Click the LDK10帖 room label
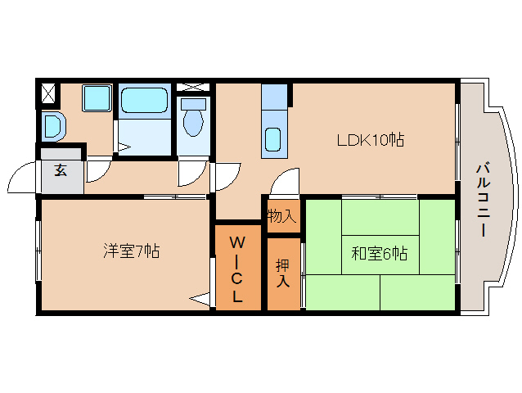[x=371, y=140]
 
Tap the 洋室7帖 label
[x=131, y=251]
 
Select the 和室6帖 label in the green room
[x=380, y=254]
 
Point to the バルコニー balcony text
[x=483, y=200]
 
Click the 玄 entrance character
[x=61, y=169]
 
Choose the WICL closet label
[x=236, y=269]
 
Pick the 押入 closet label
[x=282, y=273]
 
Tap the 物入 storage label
[x=281, y=216]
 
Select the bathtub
[x=144, y=100]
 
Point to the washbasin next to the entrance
[x=53, y=127]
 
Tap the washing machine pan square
[x=97, y=98]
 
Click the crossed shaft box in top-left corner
[x=48, y=93]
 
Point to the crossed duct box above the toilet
[x=193, y=87]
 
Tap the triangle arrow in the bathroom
[x=124, y=147]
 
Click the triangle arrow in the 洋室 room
[x=200, y=297]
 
